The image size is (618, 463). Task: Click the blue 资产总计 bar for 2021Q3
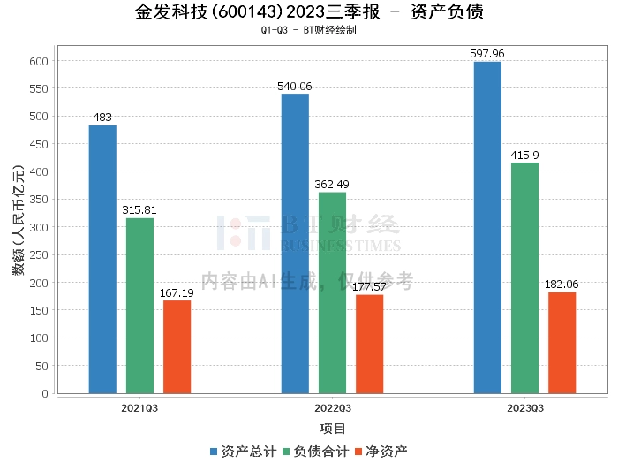[102, 260]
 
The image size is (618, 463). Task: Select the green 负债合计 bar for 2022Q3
[332, 293]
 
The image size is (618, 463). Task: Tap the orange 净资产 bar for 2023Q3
[562, 343]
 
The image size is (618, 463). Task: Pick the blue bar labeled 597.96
[487, 228]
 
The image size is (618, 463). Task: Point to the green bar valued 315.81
[139, 306]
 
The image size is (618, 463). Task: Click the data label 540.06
[294, 87]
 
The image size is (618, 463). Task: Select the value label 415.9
[524, 156]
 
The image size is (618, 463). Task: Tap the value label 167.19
[177, 293]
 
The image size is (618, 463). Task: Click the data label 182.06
[561, 285]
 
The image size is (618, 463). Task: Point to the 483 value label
[102, 118]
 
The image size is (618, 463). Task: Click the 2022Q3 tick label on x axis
[333, 408]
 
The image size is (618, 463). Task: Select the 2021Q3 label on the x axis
[139, 408]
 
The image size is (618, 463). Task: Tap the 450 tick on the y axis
[39, 144]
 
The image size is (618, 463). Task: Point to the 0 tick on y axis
[45, 393]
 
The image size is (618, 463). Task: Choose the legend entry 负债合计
[316, 452]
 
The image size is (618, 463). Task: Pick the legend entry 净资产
[381, 452]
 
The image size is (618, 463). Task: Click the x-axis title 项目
[333, 429]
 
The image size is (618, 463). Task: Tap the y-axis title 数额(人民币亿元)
[19, 221]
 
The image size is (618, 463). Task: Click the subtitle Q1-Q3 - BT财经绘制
[309, 30]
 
